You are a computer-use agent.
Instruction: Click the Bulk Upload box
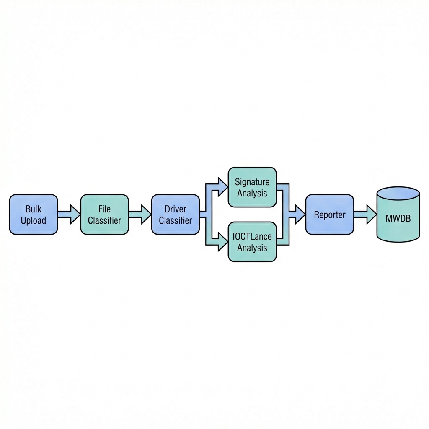pos(33,214)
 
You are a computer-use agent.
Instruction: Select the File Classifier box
pos(104,214)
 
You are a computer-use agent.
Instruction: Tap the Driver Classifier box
pos(176,214)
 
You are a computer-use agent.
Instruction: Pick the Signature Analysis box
pos(252,187)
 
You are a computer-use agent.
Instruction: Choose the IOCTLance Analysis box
pos(252,242)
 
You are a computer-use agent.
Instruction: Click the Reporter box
pos(330,214)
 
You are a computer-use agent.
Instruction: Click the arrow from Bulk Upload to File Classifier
pos(69,214)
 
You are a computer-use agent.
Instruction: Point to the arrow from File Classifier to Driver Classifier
pos(140,214)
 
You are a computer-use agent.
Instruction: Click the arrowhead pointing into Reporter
pos(299,214)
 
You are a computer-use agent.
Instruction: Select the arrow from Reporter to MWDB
pos(365,214)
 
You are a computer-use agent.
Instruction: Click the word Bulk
pos(33,209)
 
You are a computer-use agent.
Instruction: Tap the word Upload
pos(33,220)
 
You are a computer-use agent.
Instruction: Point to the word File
pos(104,209)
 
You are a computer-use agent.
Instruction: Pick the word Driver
pos(176,209)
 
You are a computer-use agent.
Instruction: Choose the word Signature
pos(252,182)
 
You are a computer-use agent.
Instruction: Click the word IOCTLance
pos(252,236)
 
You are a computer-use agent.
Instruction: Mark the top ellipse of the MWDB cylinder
pos(398,194)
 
